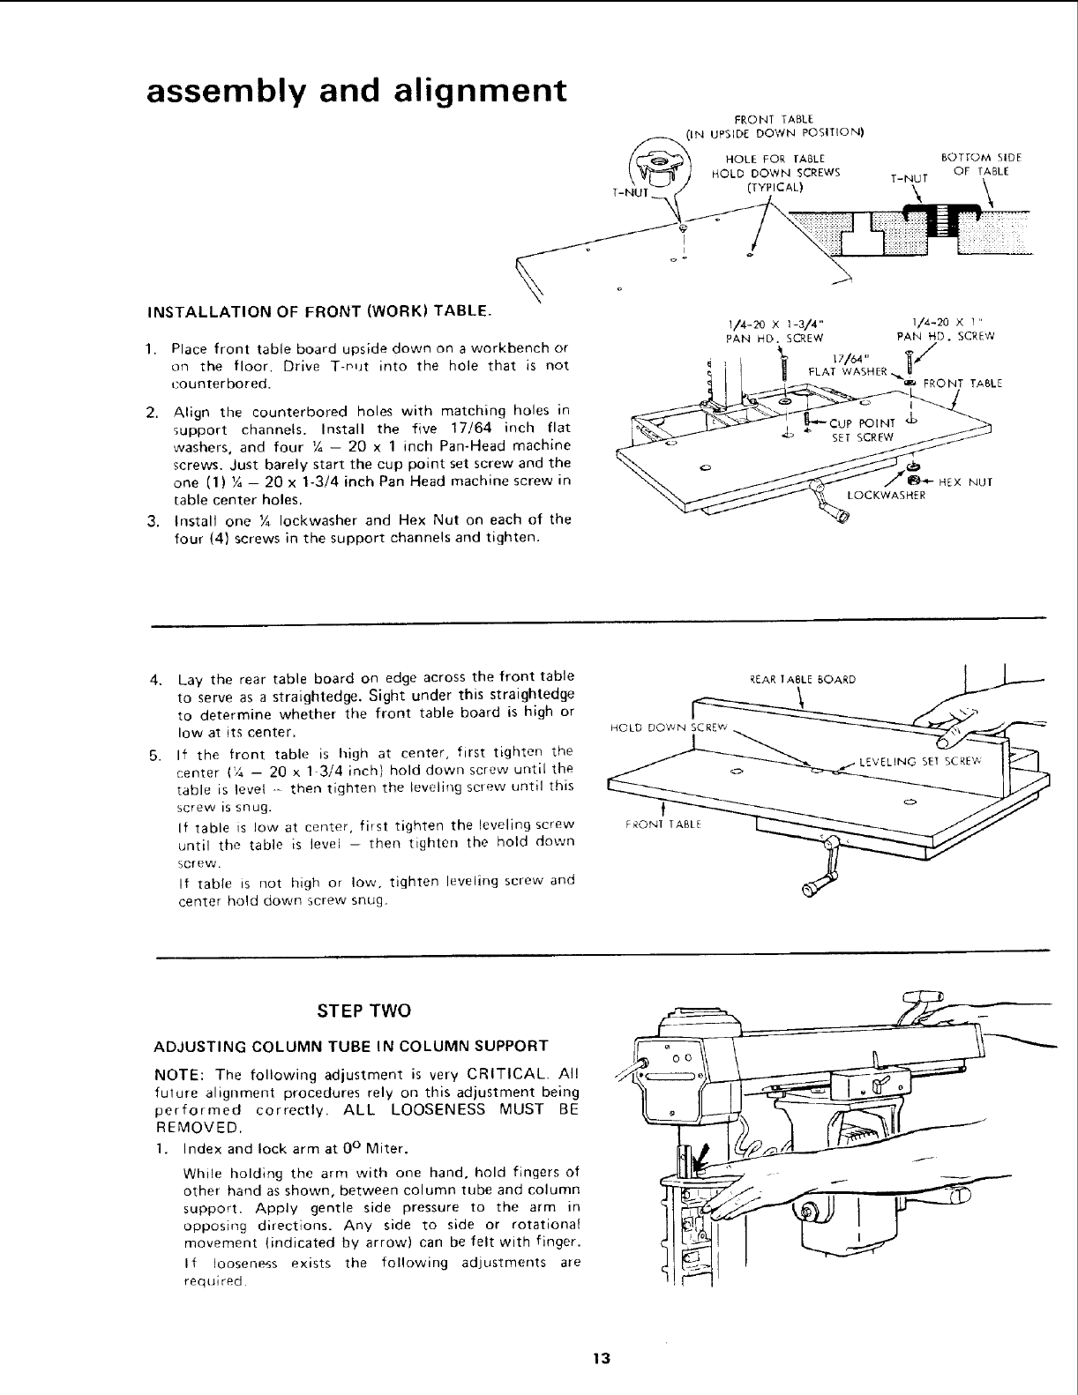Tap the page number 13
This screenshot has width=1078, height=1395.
pos(603,1357)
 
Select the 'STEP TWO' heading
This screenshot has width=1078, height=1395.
pos(365,1009)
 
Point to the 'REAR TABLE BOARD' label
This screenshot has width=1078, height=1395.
pos(799,679)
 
